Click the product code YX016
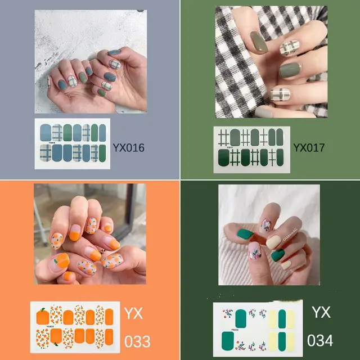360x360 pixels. (128, 148)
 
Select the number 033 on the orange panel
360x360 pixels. (137, 341)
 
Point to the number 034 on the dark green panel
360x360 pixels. (320, 340)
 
